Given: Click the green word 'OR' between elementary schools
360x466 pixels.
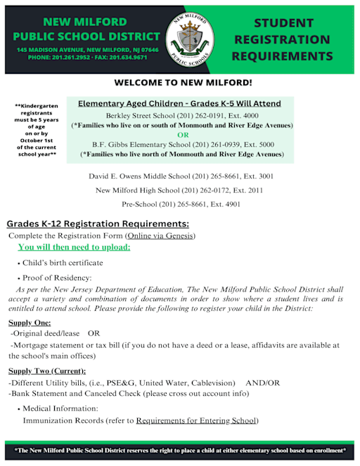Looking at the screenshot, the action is coord(183,134).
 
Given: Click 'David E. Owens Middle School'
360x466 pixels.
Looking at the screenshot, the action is coord(143,176).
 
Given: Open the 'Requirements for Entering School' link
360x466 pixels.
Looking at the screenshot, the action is coord(196,420).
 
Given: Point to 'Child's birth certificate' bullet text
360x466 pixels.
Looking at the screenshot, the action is coord(63,263).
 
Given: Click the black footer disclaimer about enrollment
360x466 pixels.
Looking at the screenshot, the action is coord(180,450).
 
